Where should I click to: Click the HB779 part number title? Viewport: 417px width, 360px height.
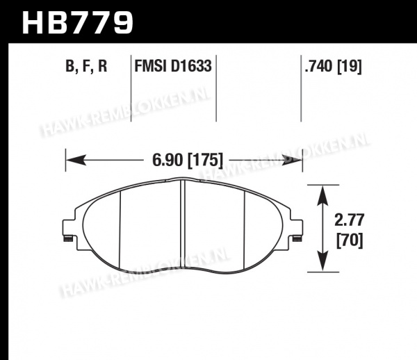point(77,22)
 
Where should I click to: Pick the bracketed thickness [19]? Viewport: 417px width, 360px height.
point(350,66)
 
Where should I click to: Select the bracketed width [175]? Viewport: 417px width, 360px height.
point(205,161)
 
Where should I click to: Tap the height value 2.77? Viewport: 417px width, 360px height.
point(349,220)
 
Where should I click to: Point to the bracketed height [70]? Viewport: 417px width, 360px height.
point(350,241)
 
